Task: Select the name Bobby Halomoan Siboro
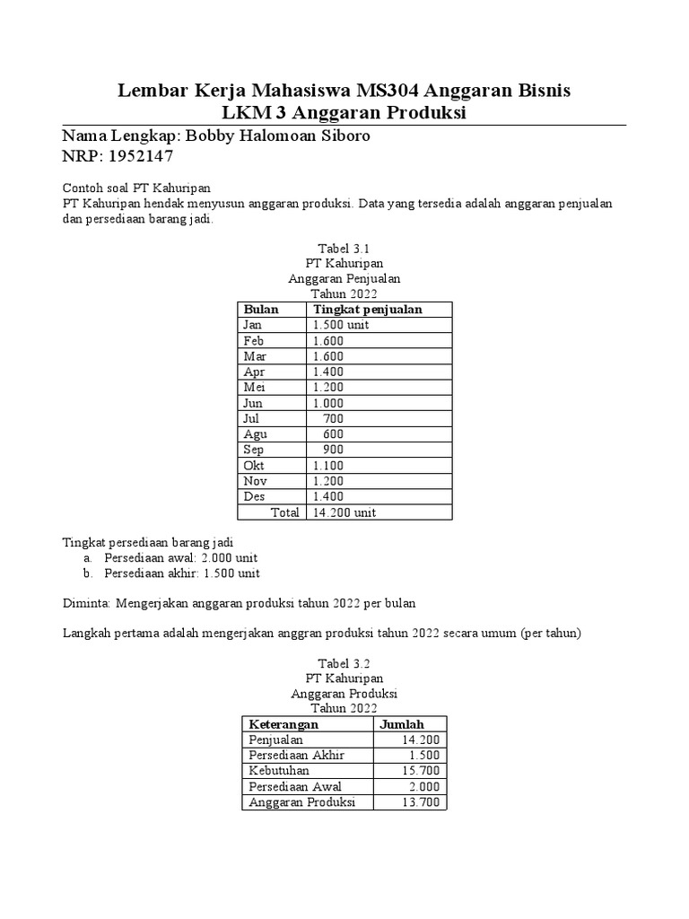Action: [x=276, y=136]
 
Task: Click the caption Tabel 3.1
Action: [x=344, y=248]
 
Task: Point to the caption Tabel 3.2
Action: [x=344, y=662]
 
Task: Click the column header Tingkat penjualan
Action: [x=367, y=310]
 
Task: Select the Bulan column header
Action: [x=261, y=310]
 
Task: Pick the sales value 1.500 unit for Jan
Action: [x=340, y=325]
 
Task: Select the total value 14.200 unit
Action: [x=344, y=512]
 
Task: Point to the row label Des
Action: [x=254, y=496]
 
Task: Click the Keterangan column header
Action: [x=283, y=724]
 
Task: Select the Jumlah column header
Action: [x=402, y=724]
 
